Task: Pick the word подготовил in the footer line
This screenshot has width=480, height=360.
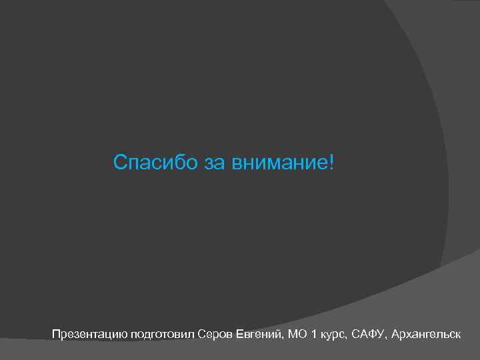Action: click(x=163, y=333)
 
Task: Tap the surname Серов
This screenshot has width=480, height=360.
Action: click(x=215, y=333)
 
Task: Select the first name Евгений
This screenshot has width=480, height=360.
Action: click(x=259, y=333)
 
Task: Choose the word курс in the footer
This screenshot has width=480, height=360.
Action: click(x=331, y=333)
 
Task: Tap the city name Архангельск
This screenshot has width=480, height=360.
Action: click(x=426, y=333)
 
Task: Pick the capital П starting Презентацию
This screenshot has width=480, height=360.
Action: click(x=56, y=333)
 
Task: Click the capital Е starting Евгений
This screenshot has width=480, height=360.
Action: click(x=239, y=333)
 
